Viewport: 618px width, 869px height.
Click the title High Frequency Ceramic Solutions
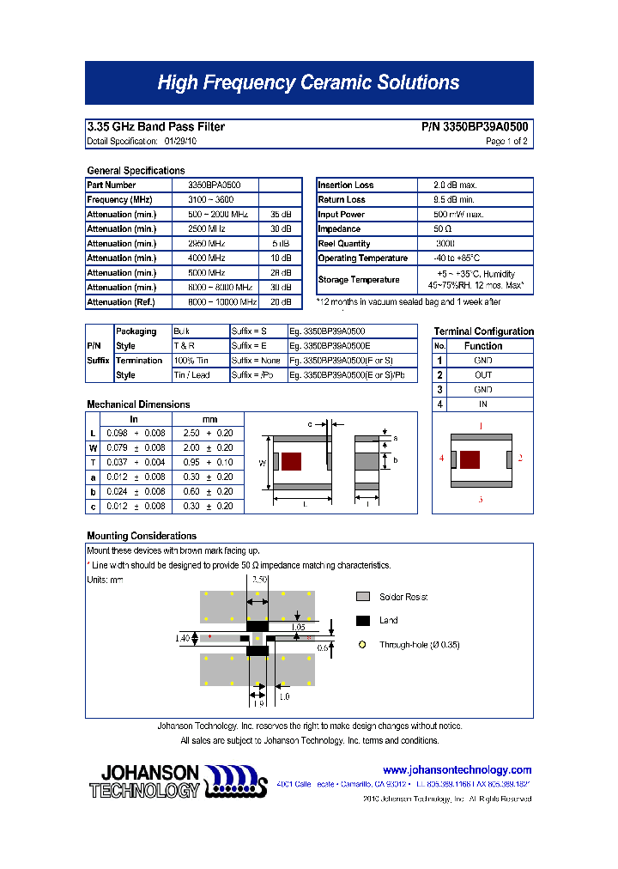pyautogui.click(x=308, y=83)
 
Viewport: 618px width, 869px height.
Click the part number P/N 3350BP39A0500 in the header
pyautogui.click(x=475, y=127)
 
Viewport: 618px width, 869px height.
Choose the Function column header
pyautogui.click(x=483, y=346)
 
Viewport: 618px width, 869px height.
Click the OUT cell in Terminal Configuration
pyautogui.click(x=483, y=375)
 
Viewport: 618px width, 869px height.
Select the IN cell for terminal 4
pyautogui.click(x=483, y=404)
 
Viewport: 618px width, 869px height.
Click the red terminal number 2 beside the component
pyautogui.click(x=520, y=459)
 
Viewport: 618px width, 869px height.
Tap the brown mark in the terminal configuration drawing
pyautogui.click(x=470, y=459)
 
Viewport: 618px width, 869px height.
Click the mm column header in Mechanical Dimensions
pyautogui.click(x=209, y=419)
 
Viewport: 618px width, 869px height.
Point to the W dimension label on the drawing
pyautogui.click(x=262, y=463)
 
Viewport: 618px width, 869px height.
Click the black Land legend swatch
pyautogui.click(x=363, y=620)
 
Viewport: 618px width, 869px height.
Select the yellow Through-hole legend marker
pyautogui.click(x=362, y=644)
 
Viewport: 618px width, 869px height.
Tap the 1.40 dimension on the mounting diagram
pyautogui.click(x=181, y=638)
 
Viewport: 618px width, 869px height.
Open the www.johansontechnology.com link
pyautogui.click(x=457, y=770)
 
